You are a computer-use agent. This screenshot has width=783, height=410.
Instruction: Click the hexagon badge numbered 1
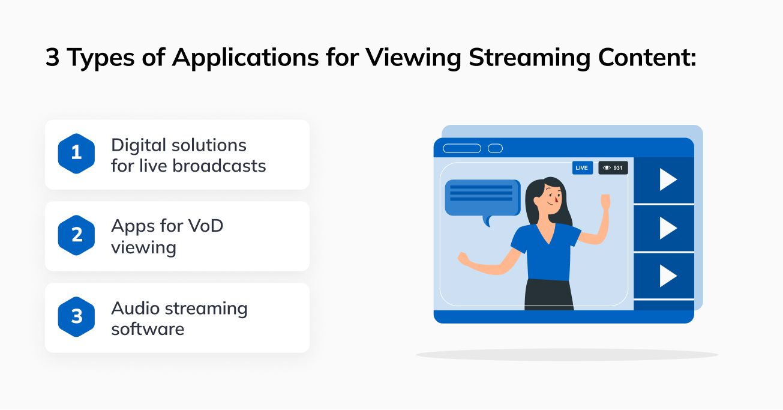point(76,154)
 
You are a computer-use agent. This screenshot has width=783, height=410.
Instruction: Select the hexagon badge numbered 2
point(76,235)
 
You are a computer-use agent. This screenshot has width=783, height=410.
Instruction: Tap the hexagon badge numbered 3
point(76,317)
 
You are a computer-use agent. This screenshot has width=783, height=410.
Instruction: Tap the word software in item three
point(148,330)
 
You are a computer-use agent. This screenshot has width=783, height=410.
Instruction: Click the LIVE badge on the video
point(582,168)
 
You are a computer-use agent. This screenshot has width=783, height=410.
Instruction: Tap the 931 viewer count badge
point(613,168)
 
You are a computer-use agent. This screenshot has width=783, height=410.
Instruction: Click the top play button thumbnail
point(664,179)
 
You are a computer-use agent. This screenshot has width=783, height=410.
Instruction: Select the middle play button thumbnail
point(664,228)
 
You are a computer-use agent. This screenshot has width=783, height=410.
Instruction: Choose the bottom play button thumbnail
point(664,276)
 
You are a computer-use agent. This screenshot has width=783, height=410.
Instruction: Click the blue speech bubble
point(482,197)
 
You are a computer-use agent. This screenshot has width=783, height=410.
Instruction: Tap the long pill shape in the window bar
point(461,148)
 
